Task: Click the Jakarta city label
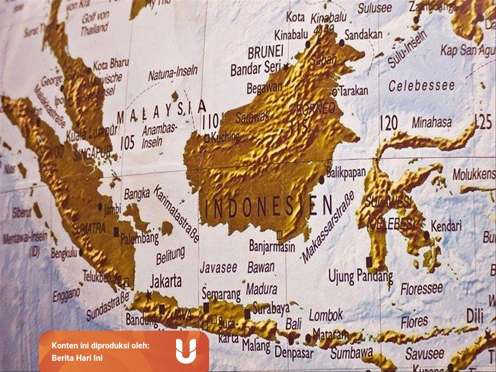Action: pos(166,281)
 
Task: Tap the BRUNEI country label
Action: pos(265,52)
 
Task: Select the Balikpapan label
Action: pos(346,172)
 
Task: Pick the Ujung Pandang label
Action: pos(360,276)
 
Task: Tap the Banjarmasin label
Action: pos(272,246)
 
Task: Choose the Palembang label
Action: pos(140,238)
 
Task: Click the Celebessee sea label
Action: pos(421,86)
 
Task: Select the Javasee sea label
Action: pos(219,268)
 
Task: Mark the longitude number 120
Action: pos(389,123)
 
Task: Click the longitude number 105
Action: pos(127,143)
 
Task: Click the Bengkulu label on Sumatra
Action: pos(64,253)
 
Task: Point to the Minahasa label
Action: pos(432,122)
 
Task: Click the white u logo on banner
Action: pos(186,351)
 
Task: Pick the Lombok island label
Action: pos(326,315)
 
